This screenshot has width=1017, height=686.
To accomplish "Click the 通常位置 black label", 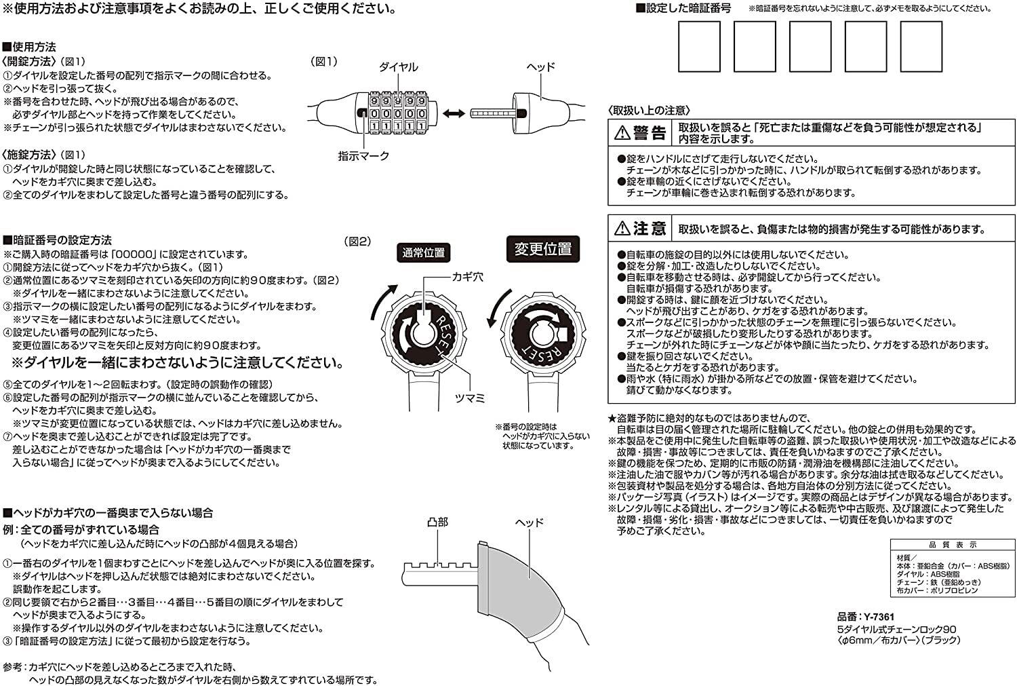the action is click(424, 253).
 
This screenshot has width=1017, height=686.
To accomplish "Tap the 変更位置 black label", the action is click(542, 249).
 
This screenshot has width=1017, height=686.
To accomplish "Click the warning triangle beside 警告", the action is click(622, 133).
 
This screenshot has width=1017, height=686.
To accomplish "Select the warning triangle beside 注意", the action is click(622, 229).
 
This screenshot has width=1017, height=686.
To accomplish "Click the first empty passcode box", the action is click(699, 46).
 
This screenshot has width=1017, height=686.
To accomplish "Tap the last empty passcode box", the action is click(921, 46).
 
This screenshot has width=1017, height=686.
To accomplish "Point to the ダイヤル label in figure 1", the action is click(398, 67).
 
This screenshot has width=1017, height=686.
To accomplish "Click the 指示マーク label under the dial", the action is click(364, 156).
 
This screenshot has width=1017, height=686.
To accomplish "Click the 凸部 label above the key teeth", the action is click(437, 522).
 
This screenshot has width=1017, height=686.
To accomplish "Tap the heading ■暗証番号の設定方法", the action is click(58, 240).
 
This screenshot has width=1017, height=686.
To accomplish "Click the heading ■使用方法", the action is click(30, 47).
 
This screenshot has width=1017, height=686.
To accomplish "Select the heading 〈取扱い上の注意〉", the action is click(649, 110).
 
